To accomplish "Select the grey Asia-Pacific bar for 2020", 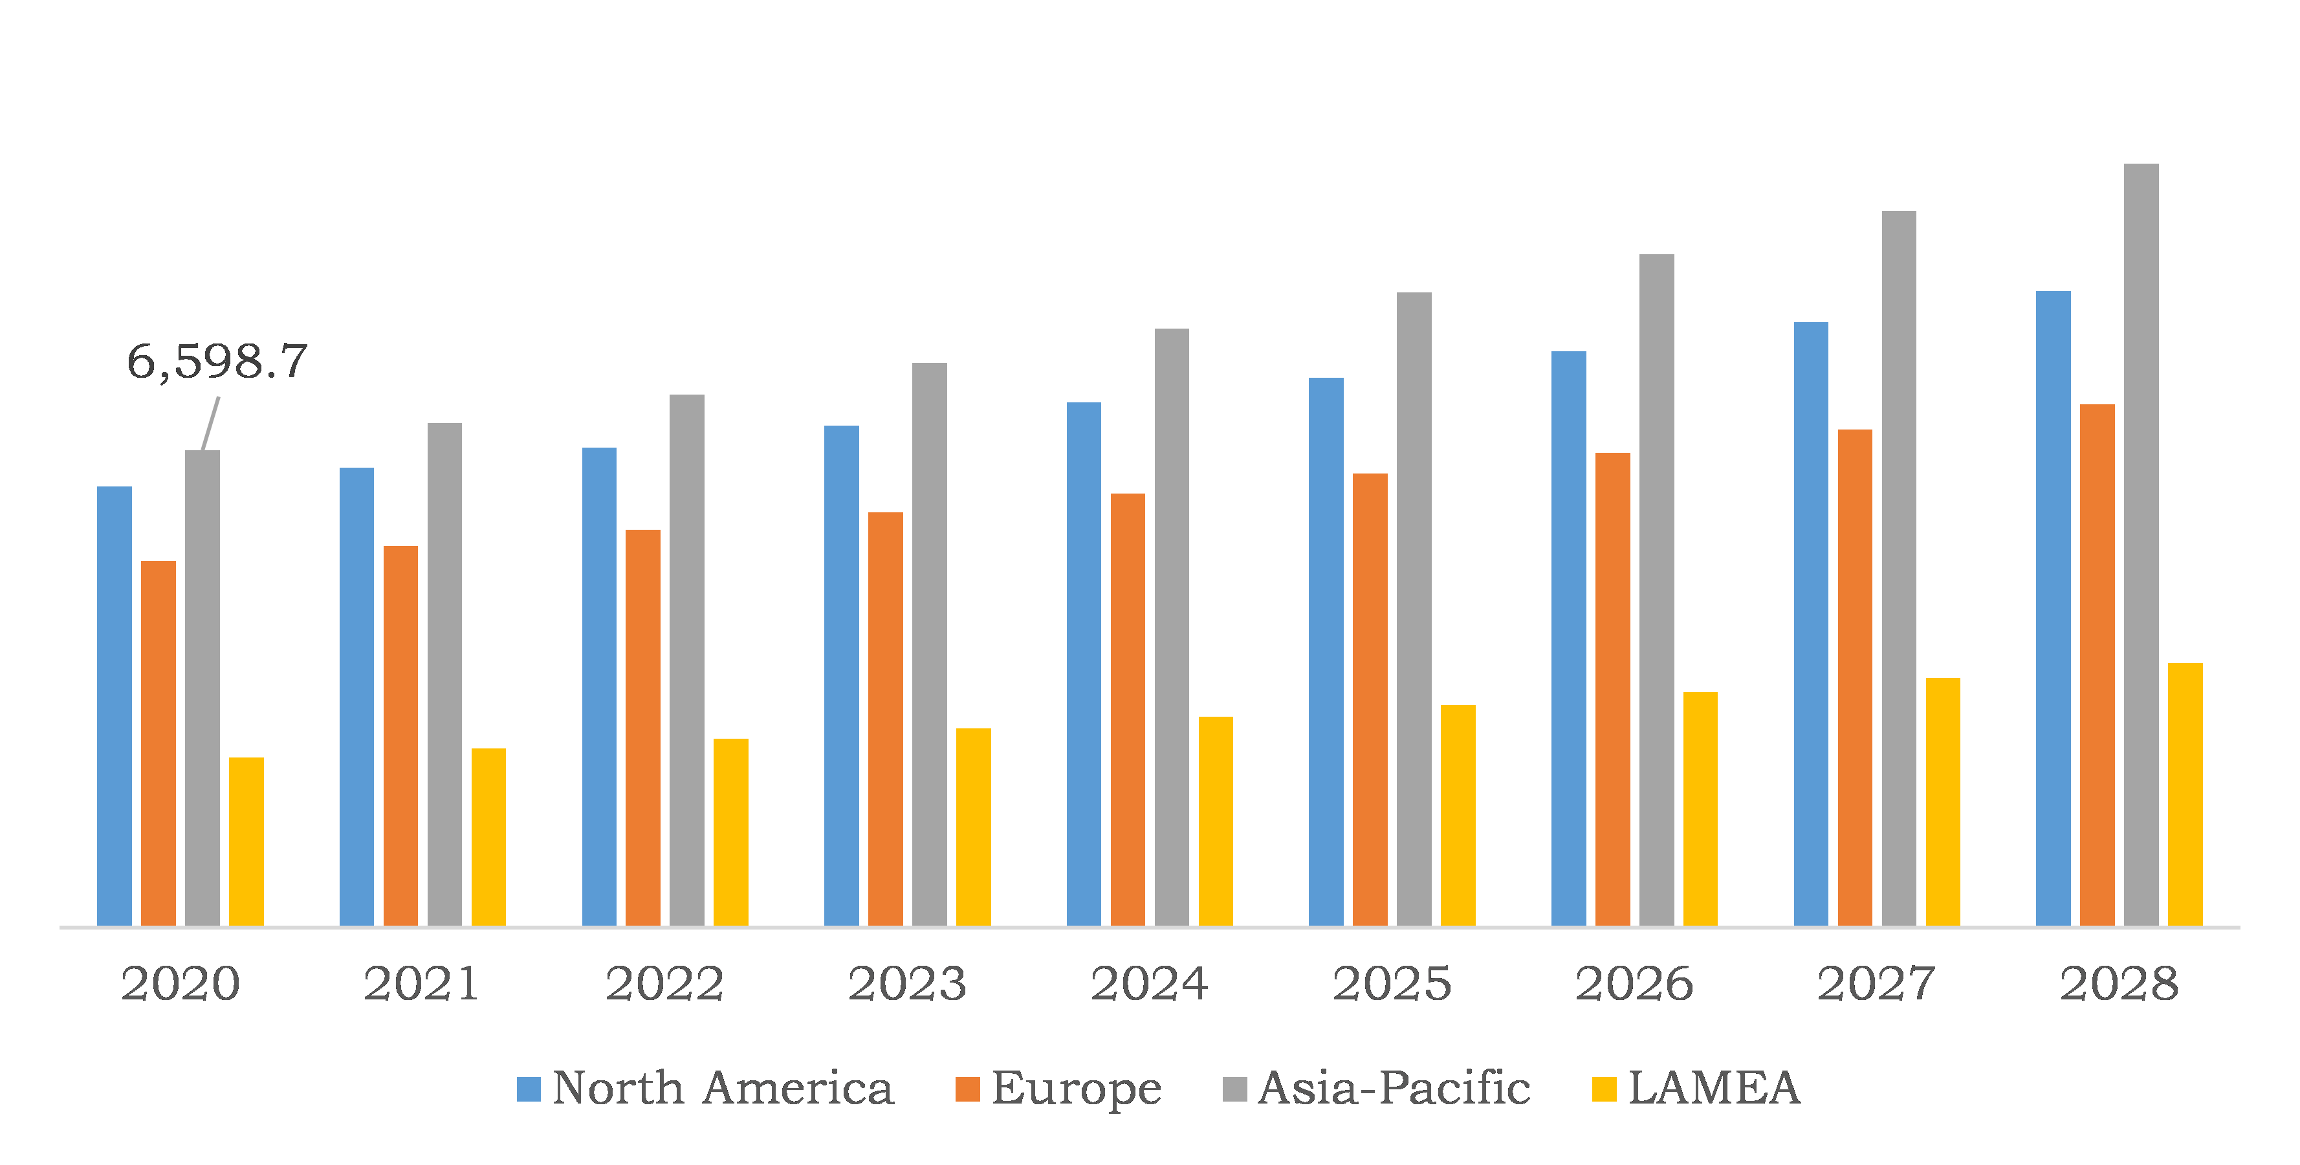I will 203,688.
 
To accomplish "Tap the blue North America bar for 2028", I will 2053,607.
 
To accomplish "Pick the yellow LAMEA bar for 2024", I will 1215,822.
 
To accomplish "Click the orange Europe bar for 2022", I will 643,728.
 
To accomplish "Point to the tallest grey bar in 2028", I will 2141,545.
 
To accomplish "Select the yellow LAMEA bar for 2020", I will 246,841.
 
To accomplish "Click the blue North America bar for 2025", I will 1326,651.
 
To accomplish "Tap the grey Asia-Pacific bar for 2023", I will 930,643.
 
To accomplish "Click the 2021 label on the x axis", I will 421,984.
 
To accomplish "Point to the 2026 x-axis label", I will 1634,984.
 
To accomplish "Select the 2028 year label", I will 2119,984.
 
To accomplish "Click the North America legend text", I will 722,1088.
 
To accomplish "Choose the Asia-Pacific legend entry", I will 1393,1088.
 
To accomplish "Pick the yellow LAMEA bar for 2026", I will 1700,809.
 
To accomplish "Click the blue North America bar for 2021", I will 356,696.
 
